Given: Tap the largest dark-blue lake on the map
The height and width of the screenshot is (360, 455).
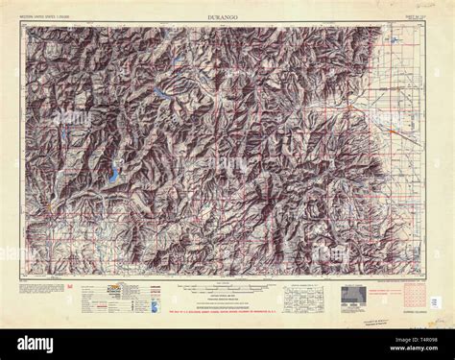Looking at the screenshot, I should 113,175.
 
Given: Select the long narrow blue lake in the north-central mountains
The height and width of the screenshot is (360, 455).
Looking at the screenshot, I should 156,92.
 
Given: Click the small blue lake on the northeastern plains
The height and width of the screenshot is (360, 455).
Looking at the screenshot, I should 394,42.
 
